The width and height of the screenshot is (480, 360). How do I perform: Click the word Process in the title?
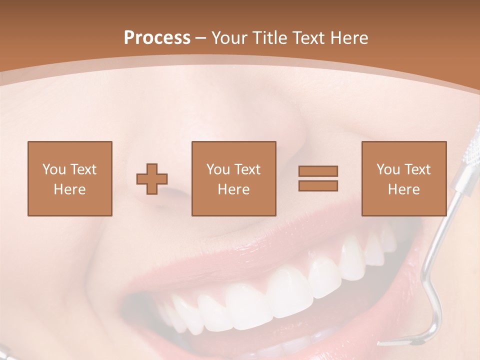coord(157,38)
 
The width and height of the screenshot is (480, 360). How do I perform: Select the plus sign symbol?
coord(152,179)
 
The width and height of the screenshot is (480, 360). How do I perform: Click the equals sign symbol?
coord(318,178)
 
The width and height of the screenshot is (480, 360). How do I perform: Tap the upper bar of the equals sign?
coord(318,171)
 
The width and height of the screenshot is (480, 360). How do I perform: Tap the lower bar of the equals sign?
coord(318,185)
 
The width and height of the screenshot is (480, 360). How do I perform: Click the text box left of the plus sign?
coord(69,178)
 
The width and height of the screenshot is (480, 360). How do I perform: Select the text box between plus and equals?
coord(233,178)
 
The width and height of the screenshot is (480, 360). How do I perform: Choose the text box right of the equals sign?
coord(403,178)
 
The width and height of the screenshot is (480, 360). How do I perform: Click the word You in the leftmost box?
coord(53,169)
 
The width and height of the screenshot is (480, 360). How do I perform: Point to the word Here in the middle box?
coord(233,189)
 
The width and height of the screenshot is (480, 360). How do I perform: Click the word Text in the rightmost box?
coord(417,169)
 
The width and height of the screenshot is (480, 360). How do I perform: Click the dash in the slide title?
coord(201,38)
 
